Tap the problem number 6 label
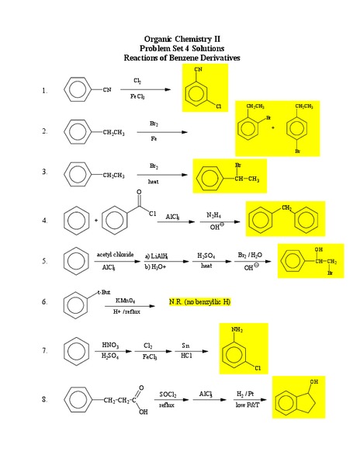45,301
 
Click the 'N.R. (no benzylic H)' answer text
201,301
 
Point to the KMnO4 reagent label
126,300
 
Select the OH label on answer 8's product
313,382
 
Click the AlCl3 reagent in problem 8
205,395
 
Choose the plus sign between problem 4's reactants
95,221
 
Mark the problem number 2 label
45,131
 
